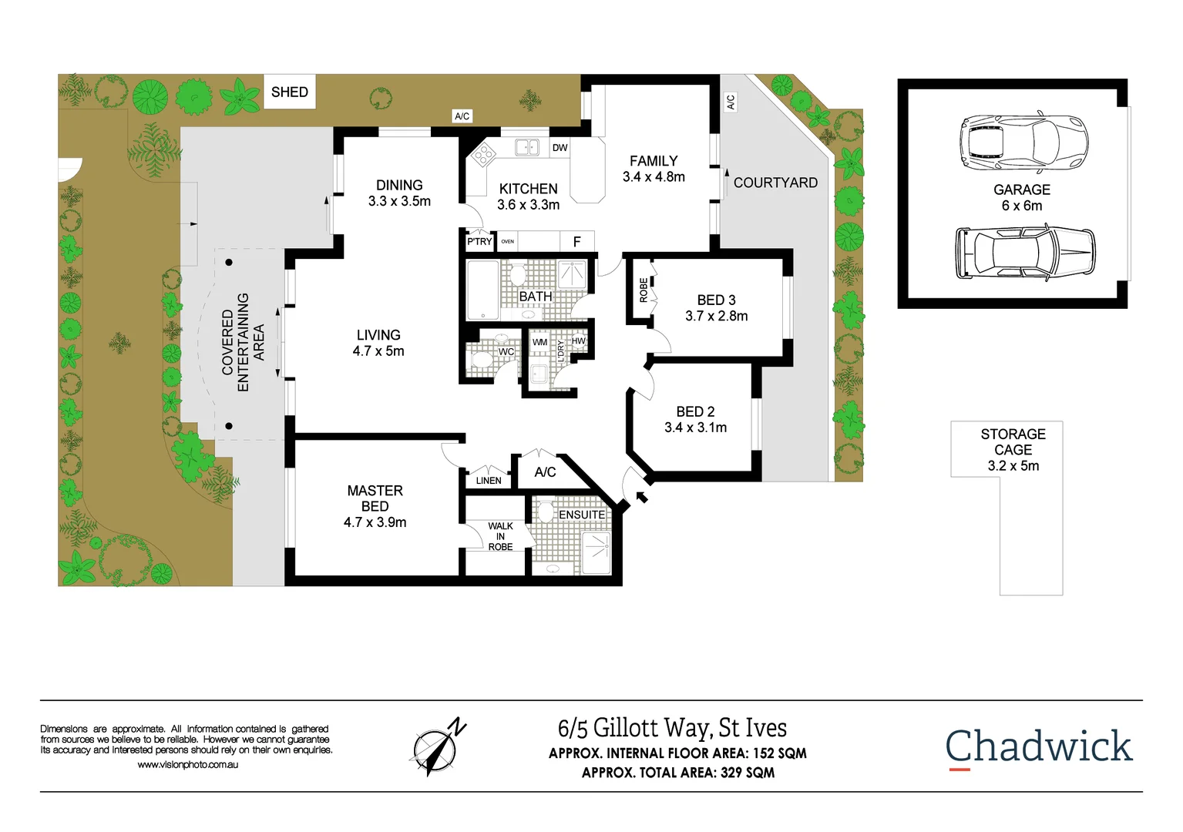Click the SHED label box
[x=290, y=92]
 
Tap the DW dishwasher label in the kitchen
[x=560, y=147]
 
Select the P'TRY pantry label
[x=479, y=241]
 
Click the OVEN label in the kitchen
[x=507, y=241]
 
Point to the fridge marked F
[x=576, y=242]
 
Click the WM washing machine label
[x=539, y=342]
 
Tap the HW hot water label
[x=578, y=341]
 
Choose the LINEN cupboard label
[x=489, y=480]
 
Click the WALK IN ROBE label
[x=500, y=536]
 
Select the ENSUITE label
[x=582, y=515]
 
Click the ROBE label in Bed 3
[x=644, y=290]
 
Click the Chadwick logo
[x=1038, y=746]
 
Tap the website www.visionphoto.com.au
[x=187, y=765]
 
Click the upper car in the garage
[x=1023, y=143]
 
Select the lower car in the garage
[x=1024, y=252]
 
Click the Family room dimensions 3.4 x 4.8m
[x=654, y=177]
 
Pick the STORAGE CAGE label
[x=1013, y=449]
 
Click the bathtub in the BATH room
[x=483, y=290]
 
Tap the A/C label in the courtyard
[x=731, y=101]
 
